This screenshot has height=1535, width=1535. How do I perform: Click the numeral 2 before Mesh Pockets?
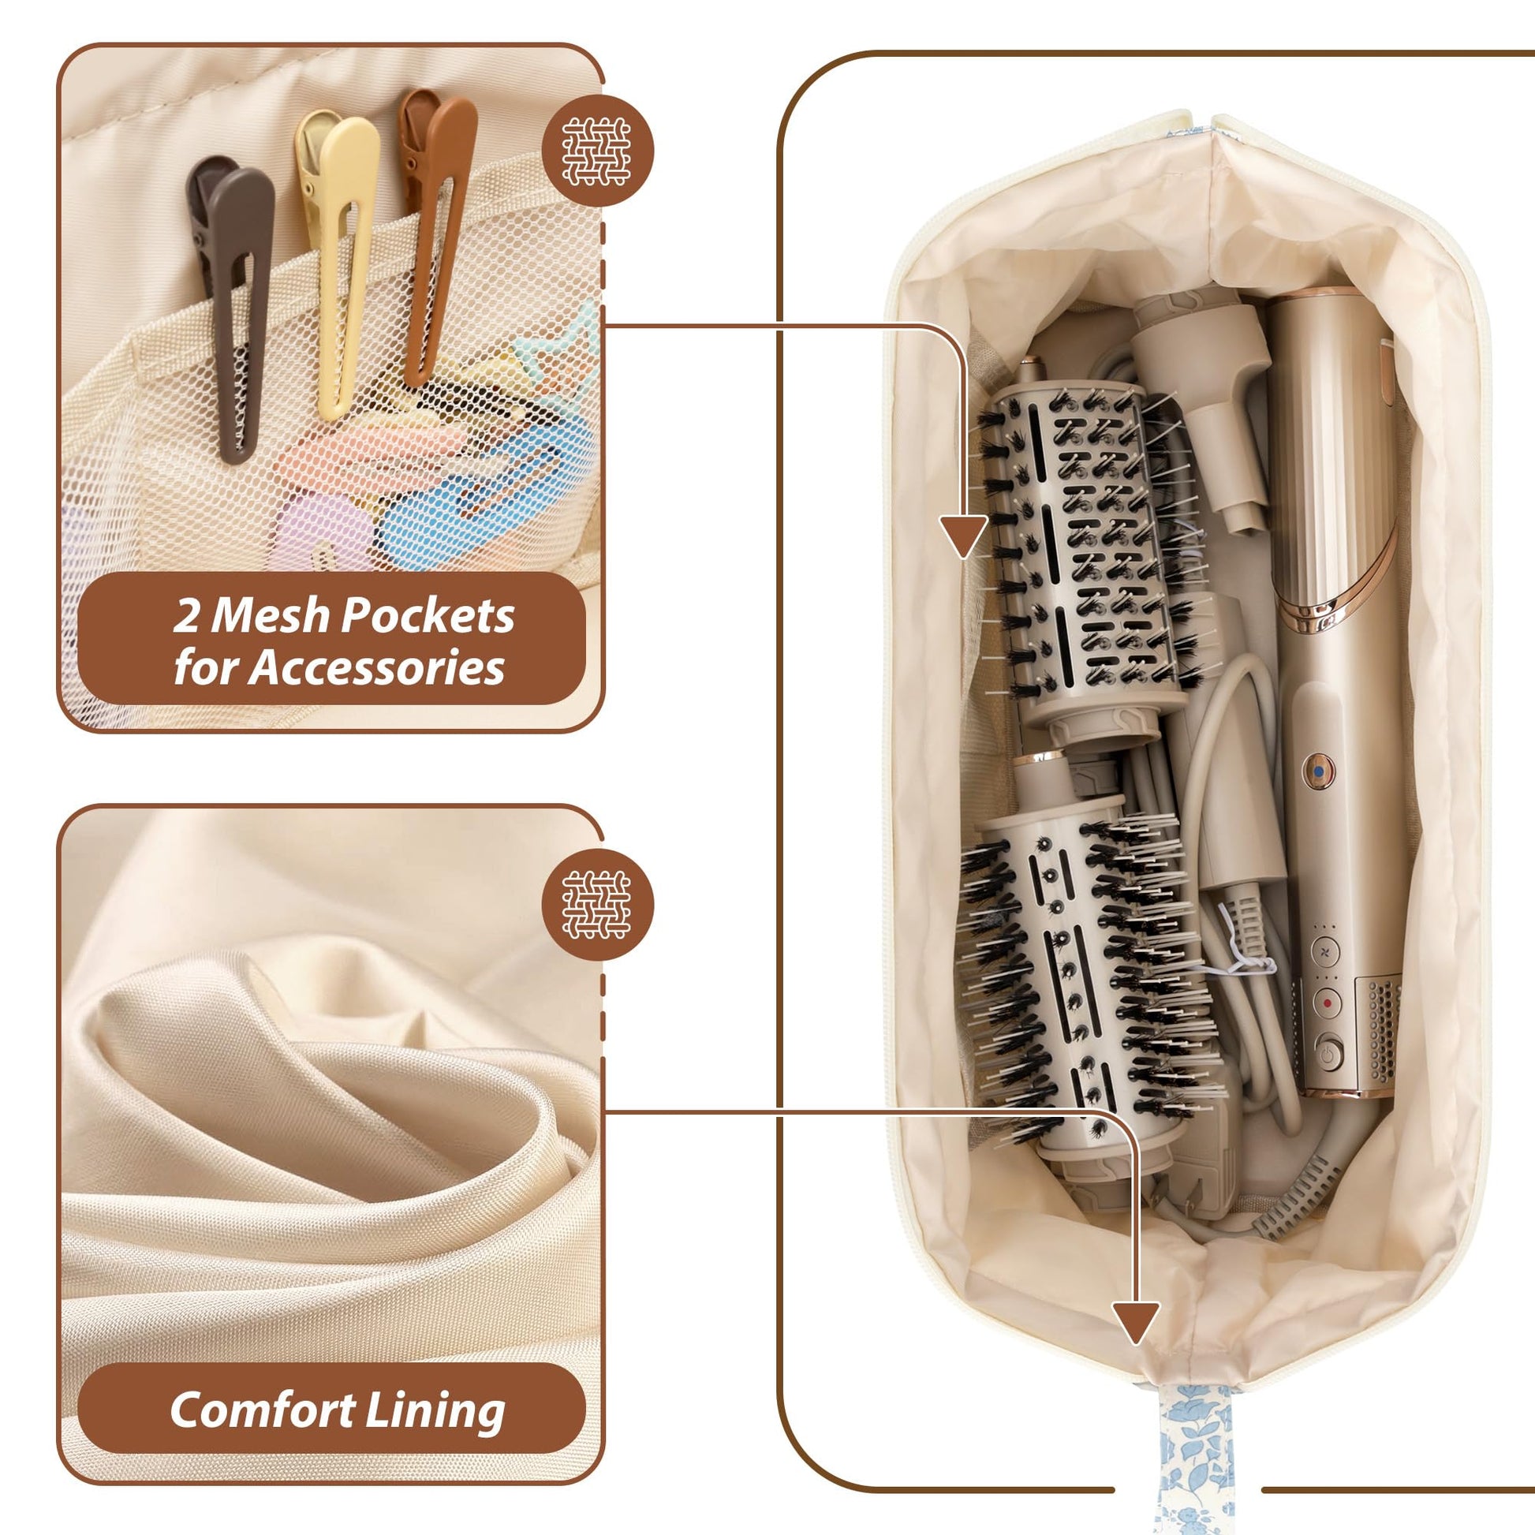187,617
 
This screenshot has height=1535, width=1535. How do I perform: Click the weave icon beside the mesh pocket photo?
596,151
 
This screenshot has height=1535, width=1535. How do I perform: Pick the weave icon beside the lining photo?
596,904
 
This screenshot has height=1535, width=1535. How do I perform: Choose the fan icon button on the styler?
1324,951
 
